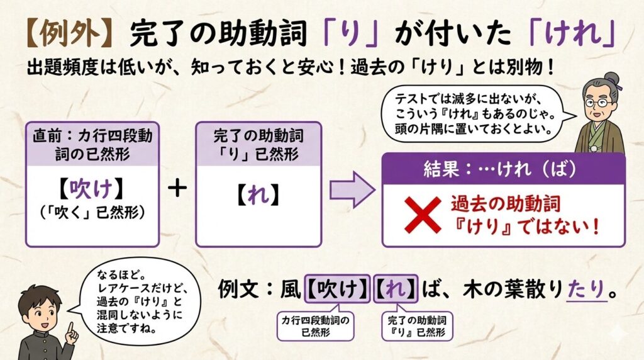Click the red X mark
(x=423, y=214)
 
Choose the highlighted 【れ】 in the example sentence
(x=396, y=290)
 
